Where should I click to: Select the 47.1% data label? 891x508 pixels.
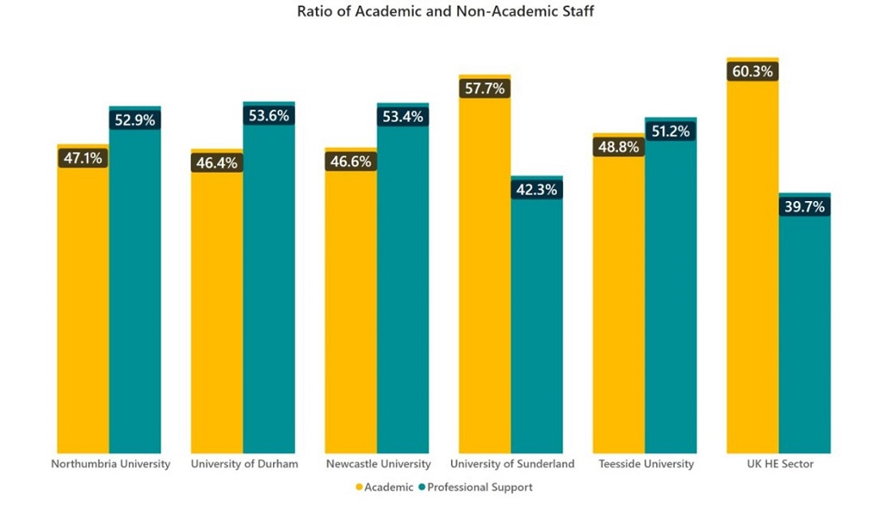click(x=83, y=159)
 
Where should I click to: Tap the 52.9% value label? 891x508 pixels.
click(x=134, y=120)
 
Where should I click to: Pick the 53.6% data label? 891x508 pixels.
click(x=269, y=116)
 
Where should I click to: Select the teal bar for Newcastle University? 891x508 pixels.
click(x=403, y=292)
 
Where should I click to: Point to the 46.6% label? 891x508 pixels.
click(x=351, y=161)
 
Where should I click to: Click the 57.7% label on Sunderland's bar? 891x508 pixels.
click(x=484, y=88)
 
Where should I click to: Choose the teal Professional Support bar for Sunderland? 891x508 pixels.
click(x=536, y=324)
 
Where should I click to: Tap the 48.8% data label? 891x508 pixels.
click(x=619, y=147)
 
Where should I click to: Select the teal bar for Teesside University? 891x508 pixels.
click(x=671, y=300)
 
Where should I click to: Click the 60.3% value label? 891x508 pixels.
click(x=752, y=71)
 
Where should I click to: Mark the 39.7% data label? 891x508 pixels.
click(x=804, y=207)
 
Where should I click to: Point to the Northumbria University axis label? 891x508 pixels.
click(x=110, y=464)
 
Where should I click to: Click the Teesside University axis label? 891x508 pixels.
click(x=646, y=464)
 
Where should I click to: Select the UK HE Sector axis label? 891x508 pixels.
click(x=780, y=464)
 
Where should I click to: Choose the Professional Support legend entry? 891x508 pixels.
click(x=479, y=487)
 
